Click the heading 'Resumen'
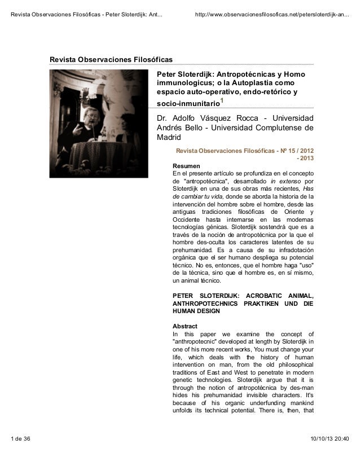pos(185,166)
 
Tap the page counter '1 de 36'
pos(21,455)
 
